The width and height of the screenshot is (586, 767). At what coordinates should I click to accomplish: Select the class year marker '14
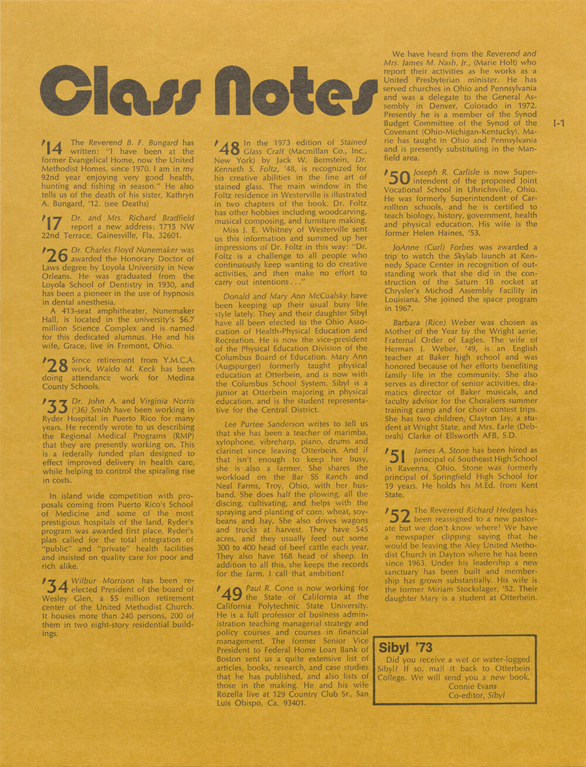point(53,149)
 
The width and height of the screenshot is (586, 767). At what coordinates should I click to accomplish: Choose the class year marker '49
point(229,593)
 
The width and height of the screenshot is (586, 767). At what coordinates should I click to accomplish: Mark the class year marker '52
point(398,515)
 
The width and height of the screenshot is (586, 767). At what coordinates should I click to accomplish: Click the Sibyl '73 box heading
point(406,647)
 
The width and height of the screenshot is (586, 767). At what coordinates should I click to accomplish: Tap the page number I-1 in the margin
point(558,124)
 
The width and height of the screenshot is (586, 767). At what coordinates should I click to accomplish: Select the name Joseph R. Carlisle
point(447,172)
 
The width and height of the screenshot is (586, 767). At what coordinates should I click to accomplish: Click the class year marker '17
point(53,223)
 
